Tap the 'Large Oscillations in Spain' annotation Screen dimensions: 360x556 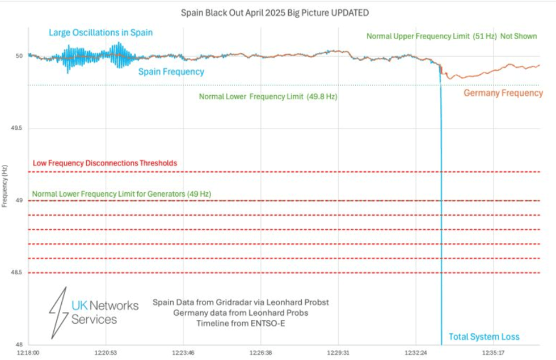point(100,32)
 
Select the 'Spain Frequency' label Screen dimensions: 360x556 point(171,72)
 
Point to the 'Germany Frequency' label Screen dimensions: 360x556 point(503,93)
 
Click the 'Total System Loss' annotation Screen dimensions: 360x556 point(483,337)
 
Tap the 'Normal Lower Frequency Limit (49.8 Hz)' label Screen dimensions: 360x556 point(268,97)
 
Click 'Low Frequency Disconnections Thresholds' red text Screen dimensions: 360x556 point(105,163)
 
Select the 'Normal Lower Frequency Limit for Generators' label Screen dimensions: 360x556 point(121,194)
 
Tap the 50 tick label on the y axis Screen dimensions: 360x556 point(19,56)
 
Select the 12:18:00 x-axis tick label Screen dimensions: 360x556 point(28,352)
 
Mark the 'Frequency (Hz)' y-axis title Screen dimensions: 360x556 point(5,187)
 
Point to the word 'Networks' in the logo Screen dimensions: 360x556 point(112,306)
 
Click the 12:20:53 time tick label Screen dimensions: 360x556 point(106,352)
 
